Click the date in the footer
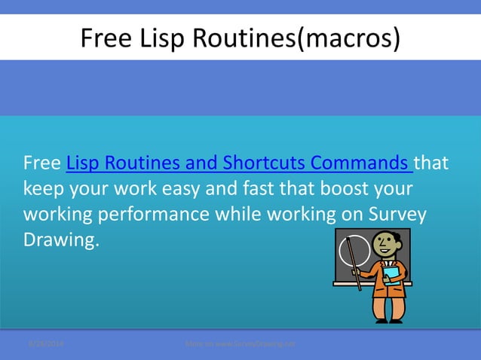click(46, 343)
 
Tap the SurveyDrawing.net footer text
click(240, 343)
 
